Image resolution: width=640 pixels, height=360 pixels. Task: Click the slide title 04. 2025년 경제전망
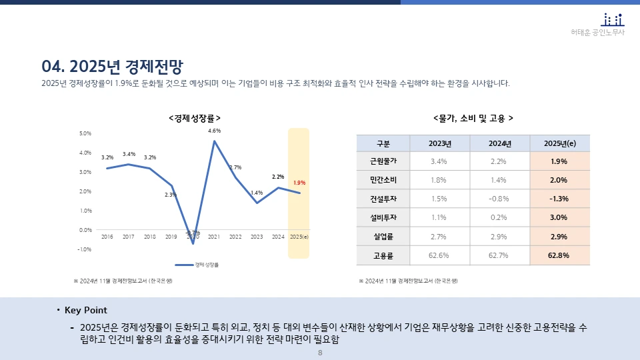[112, 67]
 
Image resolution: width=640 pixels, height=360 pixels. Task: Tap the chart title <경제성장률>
[195, 118]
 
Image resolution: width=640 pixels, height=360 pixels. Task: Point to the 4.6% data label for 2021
[214, 131]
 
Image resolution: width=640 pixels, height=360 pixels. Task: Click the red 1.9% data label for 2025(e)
[299, 183]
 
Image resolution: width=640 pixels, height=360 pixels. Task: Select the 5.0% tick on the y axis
[85, 133]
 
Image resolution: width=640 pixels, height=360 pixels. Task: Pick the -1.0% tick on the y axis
[85, 249]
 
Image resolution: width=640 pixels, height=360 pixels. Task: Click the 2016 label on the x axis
[107, 237]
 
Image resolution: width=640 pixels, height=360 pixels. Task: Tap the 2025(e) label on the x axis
[299, 237]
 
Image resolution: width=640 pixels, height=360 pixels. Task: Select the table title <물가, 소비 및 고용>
[473, 118]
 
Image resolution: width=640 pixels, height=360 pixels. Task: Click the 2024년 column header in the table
[499, 143]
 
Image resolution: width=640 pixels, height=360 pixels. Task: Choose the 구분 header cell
[383, 143]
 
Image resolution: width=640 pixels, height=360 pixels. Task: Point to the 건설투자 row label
[383, 199]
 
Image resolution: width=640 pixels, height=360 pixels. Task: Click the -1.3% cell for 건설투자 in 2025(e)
[559, 199]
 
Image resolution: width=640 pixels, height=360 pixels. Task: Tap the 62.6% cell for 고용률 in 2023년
[439, 255]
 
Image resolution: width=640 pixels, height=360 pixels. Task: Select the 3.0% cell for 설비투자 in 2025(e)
[559, 217]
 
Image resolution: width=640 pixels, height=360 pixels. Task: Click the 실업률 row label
[383, 237]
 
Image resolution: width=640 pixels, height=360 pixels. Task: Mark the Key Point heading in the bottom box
[85, 311]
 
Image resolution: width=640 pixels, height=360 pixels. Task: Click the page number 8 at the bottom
[320, 353]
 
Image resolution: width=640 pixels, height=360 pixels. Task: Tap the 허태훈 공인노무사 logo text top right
[598, 32]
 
